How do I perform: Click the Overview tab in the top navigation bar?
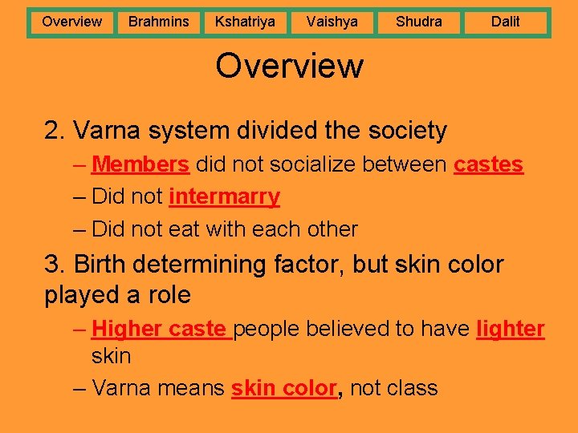coord(71,22)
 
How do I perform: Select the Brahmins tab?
coord(158,22)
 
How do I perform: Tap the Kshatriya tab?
coord(245,22)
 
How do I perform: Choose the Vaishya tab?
coord(332,22)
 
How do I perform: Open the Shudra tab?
coord(418,22)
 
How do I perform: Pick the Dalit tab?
coord(505,22)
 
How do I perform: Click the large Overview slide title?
coord(289,66)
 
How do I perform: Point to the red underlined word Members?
coord(140,164)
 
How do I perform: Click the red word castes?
coord(488,164)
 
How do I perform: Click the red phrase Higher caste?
coord(160,329)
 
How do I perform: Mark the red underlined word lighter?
coord(510,329)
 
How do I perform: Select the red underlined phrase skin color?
coord(283,388)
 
